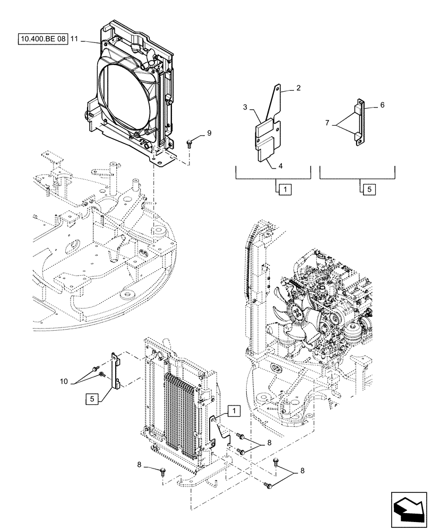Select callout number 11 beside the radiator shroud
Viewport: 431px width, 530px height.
[74, 40]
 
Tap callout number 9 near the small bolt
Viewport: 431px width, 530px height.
[209, 133]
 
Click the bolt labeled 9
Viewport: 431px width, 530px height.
[190, 142]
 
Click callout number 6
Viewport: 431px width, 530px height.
[382, 106]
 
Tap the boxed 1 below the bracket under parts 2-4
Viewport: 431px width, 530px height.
[283, 188]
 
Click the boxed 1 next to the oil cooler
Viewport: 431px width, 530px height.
[234, 410]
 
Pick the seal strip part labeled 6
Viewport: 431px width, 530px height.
[359, 121]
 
